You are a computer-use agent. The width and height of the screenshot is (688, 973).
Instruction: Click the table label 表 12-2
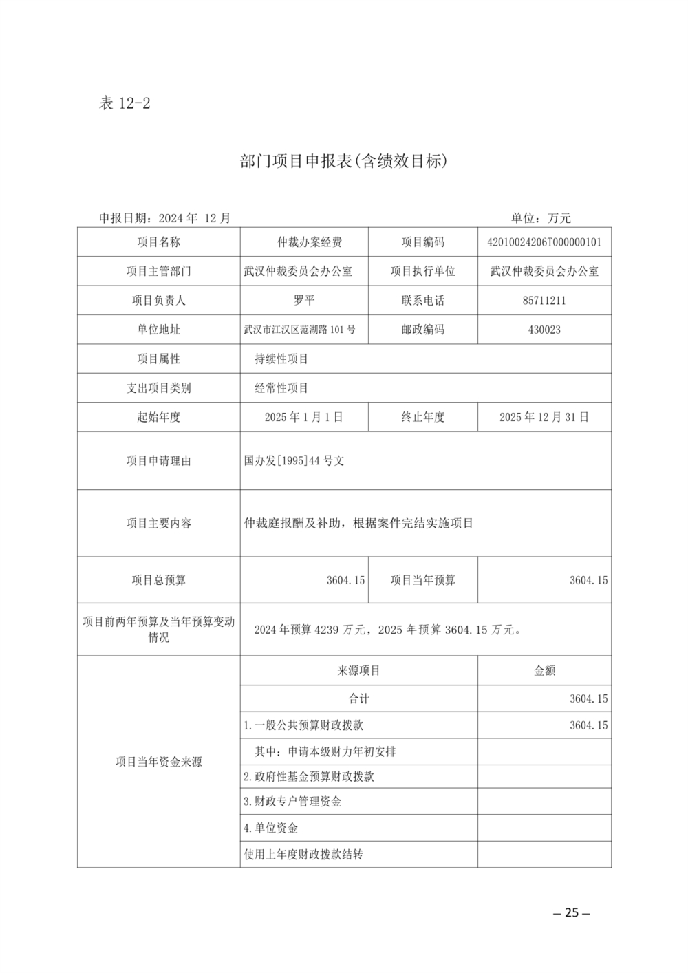[x=125, y=104]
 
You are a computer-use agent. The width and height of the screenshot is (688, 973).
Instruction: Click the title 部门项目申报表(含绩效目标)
[x=344, y=162]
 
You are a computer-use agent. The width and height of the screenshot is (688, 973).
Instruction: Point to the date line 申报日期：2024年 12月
[x=165, y=218]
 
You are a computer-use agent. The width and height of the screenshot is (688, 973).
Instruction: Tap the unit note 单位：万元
[x=541, y=218]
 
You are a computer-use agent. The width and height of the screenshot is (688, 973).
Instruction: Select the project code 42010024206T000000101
[x=544, y=242]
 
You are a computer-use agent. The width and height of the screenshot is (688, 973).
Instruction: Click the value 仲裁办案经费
[x=304, y=242]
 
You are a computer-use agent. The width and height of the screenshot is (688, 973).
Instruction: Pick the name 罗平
[x=304, y=301]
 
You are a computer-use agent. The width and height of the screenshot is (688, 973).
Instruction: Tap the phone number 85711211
[x=544, y=301]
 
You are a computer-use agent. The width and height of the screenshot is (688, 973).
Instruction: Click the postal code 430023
[x=544, y=330]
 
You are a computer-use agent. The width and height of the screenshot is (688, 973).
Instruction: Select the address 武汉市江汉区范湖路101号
[x=300, y=330]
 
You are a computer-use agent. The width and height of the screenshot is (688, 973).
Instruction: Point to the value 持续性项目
[x=281, y=359]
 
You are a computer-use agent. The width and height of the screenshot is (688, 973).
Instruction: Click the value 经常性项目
[x=281, y=388]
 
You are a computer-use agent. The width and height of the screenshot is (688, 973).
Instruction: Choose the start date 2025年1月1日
[x=304, y=417]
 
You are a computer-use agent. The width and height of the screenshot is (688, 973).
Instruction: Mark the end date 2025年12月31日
[x=544, y=417]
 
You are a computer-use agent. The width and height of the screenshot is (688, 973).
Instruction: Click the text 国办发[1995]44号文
[x=294, y=461]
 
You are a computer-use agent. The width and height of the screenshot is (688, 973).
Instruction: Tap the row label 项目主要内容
[x=158, y=524]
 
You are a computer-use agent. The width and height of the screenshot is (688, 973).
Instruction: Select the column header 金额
[x=544, y=670]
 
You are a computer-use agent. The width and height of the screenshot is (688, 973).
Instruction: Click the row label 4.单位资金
[x=270, y=828]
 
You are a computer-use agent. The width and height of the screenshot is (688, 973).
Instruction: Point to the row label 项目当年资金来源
[x=158, y=762]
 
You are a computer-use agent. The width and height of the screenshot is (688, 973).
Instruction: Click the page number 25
[x=572, y=913]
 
